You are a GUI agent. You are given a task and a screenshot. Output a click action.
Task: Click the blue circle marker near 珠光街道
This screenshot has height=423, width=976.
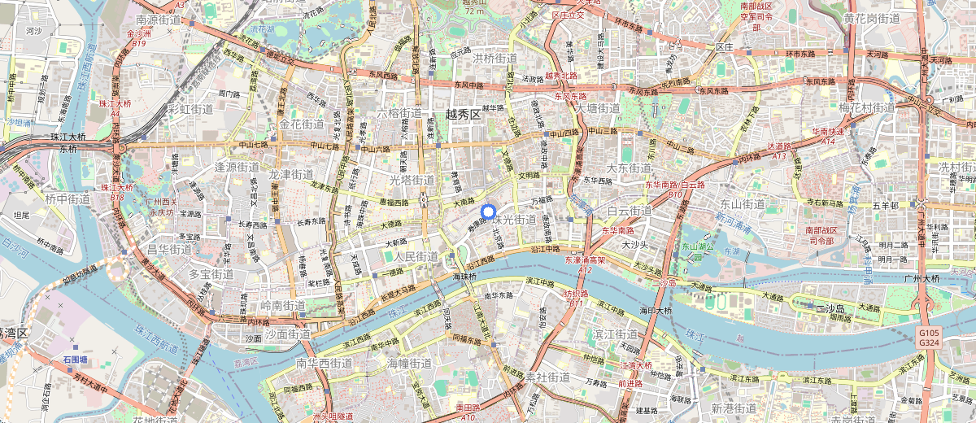(489, 213)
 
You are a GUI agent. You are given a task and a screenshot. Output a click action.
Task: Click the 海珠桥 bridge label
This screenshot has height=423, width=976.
(464, 277)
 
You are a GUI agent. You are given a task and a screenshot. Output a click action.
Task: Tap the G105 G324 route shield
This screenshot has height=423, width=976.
(929, 337)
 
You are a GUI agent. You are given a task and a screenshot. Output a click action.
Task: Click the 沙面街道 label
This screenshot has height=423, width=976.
(288, 334)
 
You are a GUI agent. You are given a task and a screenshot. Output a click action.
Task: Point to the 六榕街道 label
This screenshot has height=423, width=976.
(399, 113)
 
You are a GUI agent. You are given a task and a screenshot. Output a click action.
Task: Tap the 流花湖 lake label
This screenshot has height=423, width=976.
(262, 28)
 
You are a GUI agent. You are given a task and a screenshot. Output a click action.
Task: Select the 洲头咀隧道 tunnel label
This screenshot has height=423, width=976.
(322, 416)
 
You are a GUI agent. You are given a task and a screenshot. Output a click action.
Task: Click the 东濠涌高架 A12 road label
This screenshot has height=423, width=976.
(585, 264)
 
